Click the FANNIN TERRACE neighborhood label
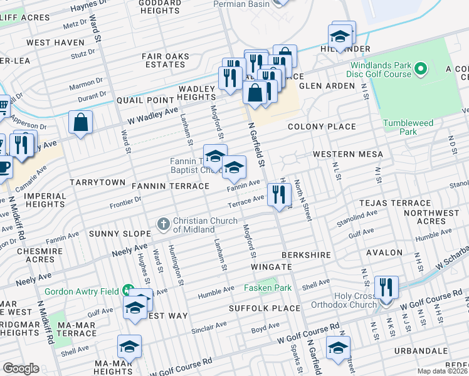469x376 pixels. pos(170,186)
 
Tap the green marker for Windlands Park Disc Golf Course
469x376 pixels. pos(420,66)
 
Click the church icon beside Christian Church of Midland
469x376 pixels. pos(163,223)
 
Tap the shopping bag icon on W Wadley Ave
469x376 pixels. pos(81,123)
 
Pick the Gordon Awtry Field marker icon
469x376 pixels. pos(128,290)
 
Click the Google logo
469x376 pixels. pos(21,368)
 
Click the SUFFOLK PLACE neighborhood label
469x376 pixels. pos(256,308)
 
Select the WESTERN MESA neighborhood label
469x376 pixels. pos(347,154)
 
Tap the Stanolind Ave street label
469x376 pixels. pos(357,217)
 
